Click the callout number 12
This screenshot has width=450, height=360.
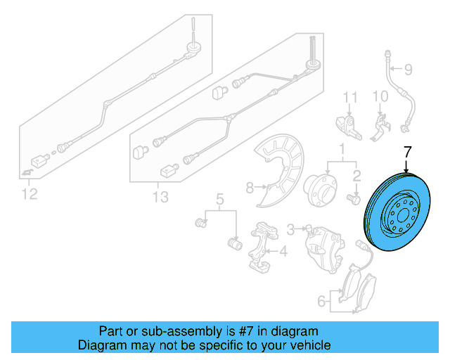click(x=30, y=193)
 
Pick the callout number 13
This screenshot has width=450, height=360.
click(x=161, y=197)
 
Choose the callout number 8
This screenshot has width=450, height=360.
click(x=250, y=187)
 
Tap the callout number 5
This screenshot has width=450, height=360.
click(x=219, y=199)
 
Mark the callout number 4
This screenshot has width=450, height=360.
click(x=283, y=250)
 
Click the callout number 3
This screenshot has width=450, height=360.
click(x=290, y=229)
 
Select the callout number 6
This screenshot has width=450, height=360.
click(x=321, y=302)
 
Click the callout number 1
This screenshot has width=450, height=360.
click(x=342, y=149)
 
